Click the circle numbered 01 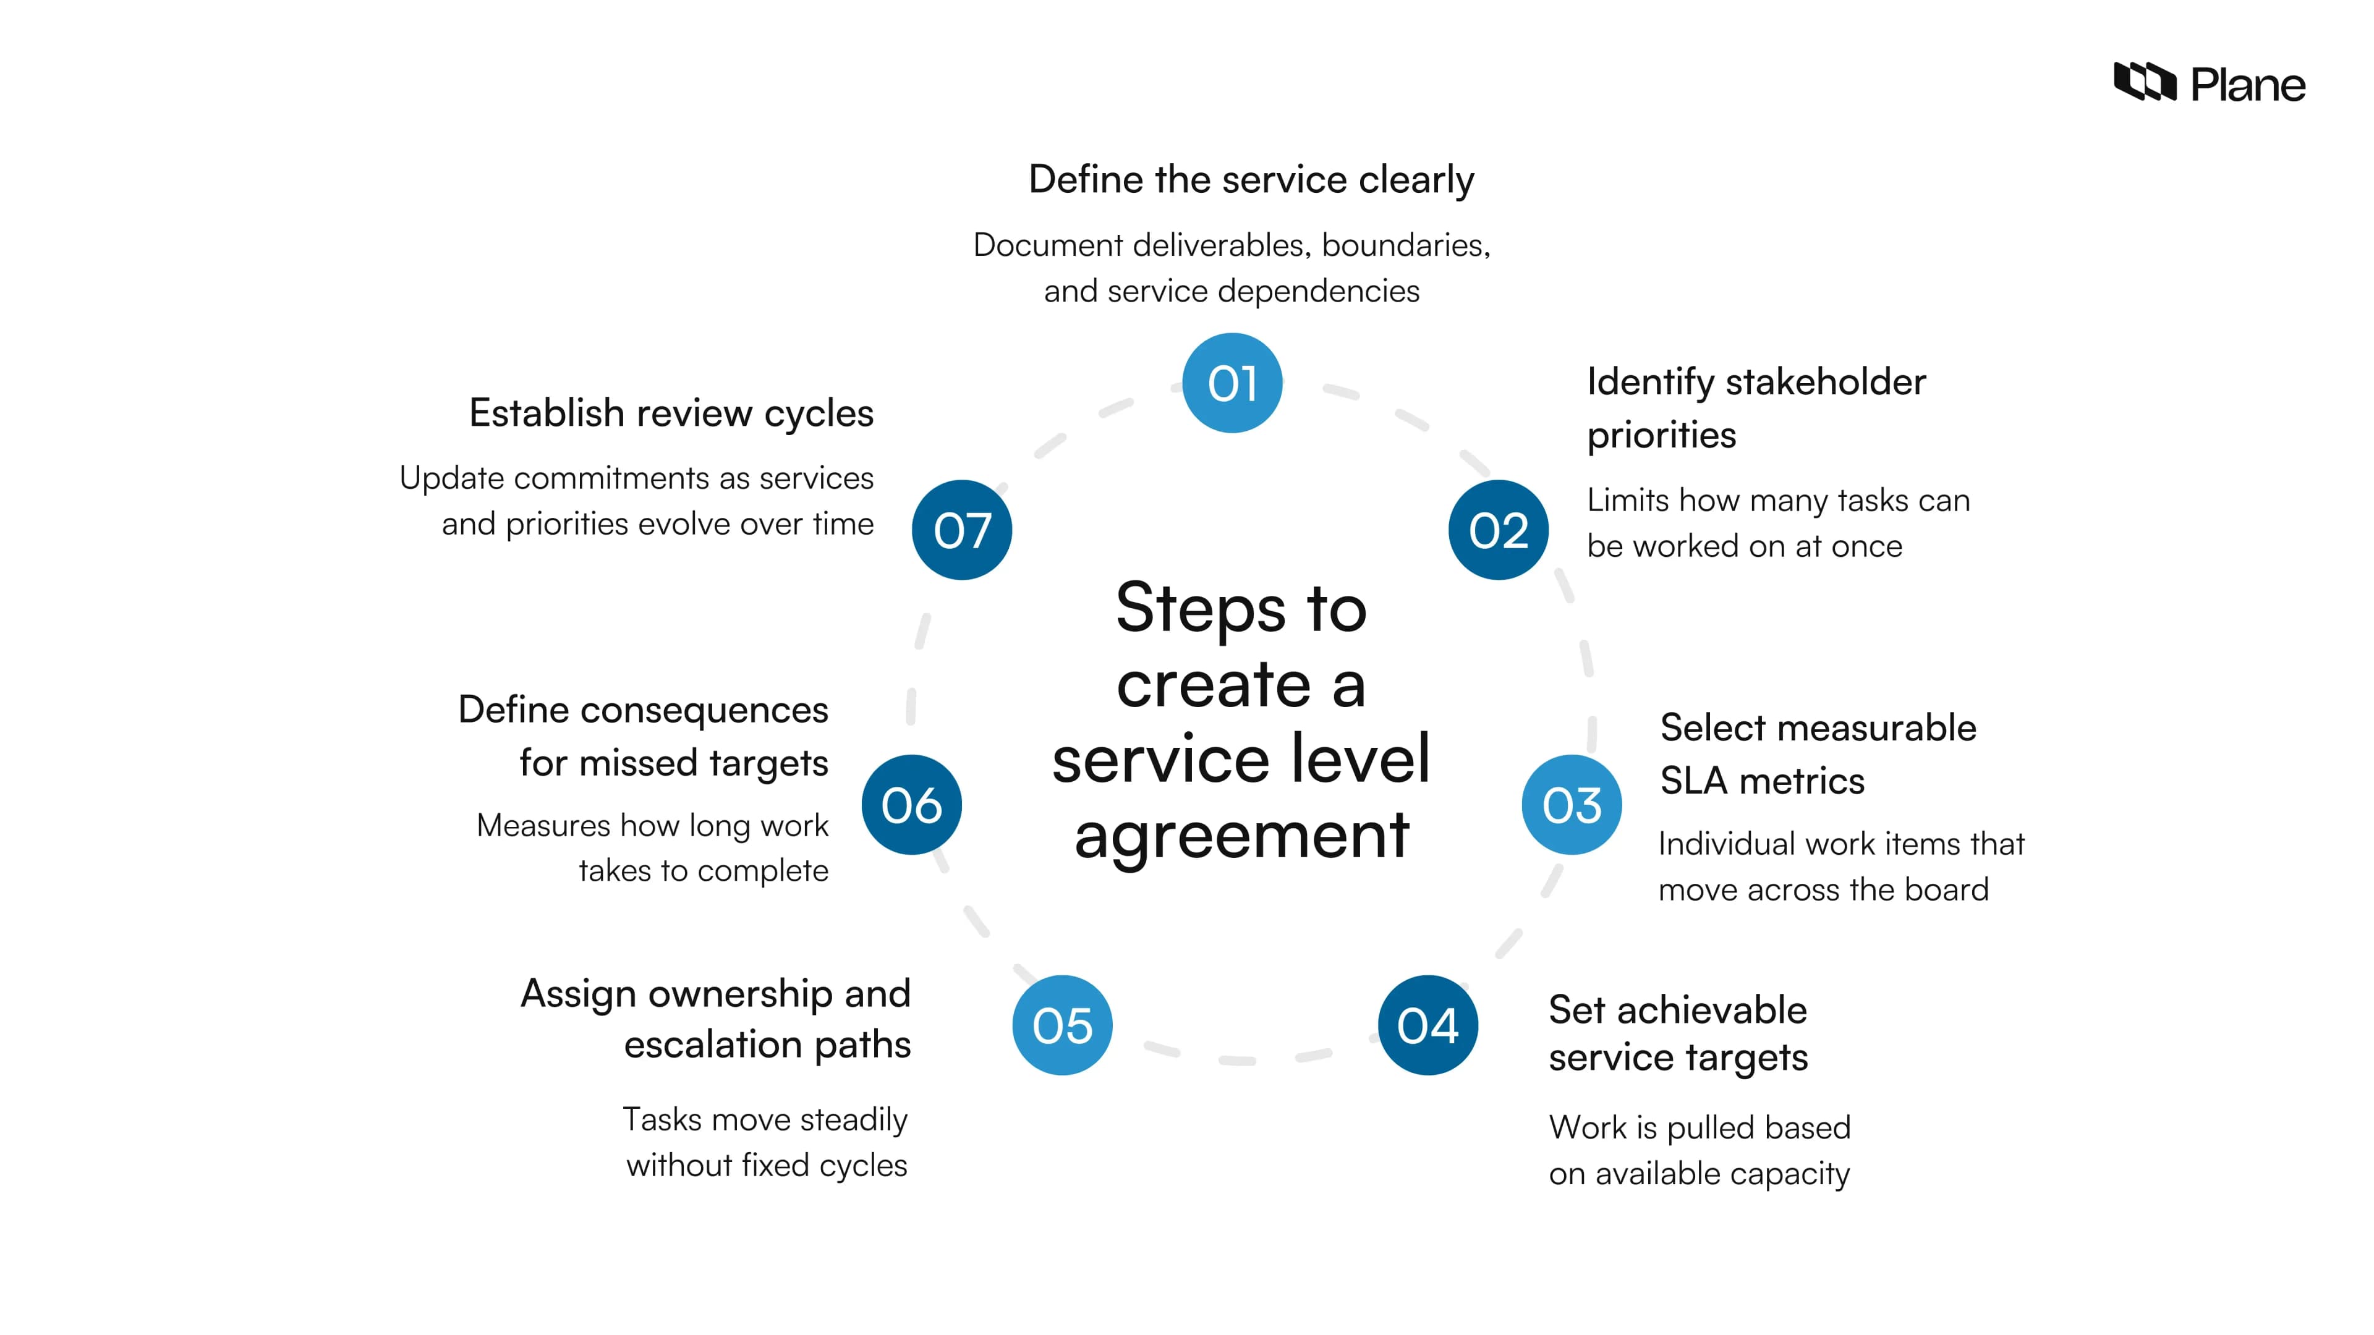(1232, 383)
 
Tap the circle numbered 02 (1499, 530)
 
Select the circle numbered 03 (1572, 805)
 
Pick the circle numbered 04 (1427, 1025)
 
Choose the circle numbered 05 (1061, 1025)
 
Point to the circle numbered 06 (911, 805)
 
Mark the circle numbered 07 (962, 530)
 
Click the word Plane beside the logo (2248, 86)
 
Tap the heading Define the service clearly (1251, 180)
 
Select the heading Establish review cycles (671, 413)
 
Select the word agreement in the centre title (1241, 837)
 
